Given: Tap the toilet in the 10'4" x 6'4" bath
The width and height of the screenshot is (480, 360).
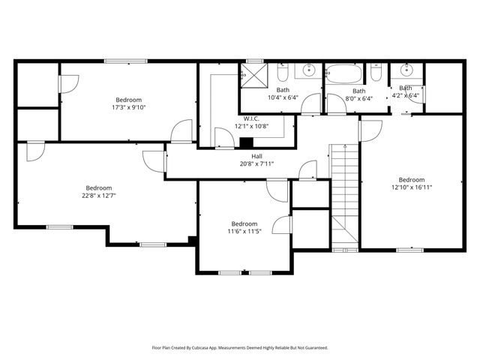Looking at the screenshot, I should pos(283,73).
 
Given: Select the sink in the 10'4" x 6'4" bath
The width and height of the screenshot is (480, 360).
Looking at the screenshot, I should pos(308,72).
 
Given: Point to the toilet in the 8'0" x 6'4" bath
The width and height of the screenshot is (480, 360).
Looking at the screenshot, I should pos(376,73).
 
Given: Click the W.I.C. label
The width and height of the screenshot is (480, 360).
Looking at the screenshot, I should pos(251,118).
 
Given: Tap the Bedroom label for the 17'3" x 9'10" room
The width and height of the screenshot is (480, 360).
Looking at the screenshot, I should pos(128,100).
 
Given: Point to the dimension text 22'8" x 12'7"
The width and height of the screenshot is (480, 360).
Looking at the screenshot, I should pos(98,196).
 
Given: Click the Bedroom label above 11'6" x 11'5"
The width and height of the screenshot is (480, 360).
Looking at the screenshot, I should pos(244,223).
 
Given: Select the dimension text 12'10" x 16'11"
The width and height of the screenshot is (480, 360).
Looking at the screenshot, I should pos(412,187).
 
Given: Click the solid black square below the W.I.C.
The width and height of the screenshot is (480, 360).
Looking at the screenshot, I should pos(246,142).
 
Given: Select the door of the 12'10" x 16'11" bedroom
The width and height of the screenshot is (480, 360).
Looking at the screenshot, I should pos(370,130).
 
